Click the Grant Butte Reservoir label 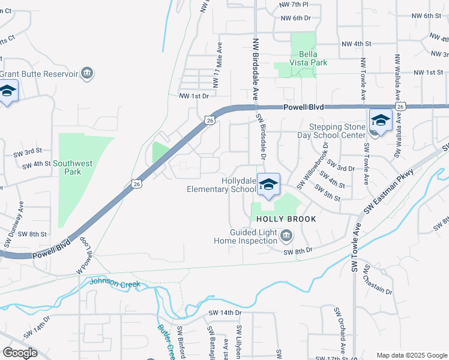39,74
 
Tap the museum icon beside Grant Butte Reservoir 88,74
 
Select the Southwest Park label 75,167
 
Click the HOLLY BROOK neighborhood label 286,219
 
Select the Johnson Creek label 115,283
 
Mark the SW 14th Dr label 224,313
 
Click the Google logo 20,353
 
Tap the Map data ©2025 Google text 411,355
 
